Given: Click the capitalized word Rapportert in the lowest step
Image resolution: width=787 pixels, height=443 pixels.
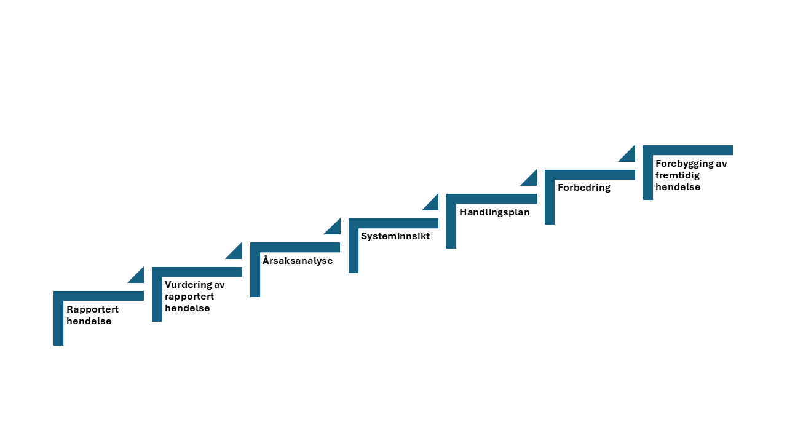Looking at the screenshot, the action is [92, 309].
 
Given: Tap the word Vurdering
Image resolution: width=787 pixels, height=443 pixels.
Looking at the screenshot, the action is [186, 285].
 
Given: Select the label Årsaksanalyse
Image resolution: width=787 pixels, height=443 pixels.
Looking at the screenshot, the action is [298, 260].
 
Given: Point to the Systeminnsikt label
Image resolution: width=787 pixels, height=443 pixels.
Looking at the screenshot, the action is [395, 236].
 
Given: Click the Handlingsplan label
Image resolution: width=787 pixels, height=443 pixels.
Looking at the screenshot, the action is [494, 212].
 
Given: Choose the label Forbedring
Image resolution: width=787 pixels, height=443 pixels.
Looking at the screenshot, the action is [584, 188].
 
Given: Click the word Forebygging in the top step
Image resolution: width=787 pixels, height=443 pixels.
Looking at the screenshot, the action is [682, 164].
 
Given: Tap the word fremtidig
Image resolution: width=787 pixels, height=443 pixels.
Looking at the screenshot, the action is [678, 175].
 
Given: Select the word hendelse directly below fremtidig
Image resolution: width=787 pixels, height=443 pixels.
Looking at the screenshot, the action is [678, 186].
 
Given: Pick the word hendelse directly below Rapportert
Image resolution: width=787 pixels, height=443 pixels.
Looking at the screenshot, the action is [89, 321].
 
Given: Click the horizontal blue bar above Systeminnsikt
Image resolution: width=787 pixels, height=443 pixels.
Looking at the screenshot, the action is [393, 223].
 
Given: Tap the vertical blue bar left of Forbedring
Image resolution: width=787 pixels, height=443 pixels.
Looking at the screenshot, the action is [550, 198].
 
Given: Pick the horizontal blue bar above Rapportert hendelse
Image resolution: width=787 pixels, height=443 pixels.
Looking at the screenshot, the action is [99, 296].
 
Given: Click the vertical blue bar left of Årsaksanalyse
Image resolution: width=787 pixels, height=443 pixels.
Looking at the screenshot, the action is [255, 269].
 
